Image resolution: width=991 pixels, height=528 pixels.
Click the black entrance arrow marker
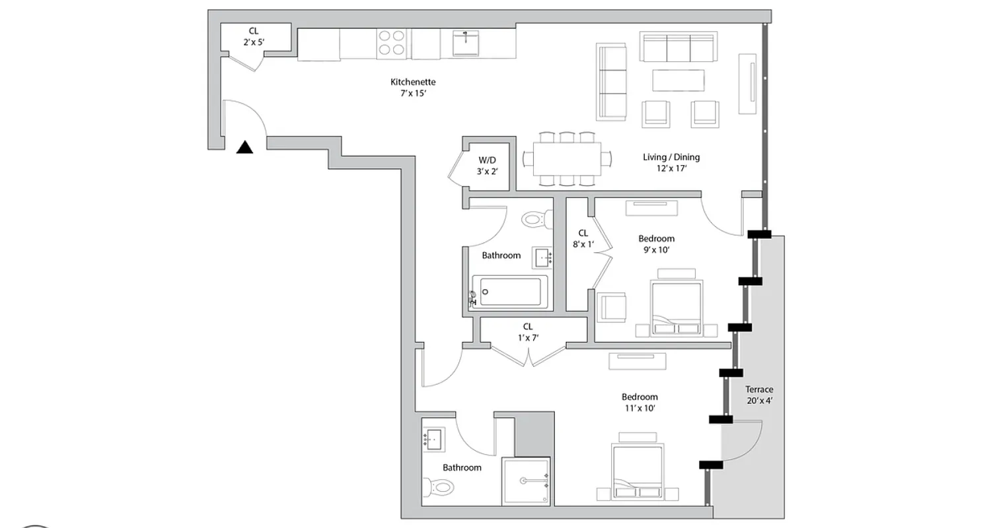[245, 148]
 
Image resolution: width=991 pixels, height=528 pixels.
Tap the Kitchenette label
[413, 87]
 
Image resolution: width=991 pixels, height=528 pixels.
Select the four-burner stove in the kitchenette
[390, 44]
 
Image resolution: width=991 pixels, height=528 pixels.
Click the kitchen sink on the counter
[466, 44]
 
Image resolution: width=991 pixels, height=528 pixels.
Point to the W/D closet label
[488, 166]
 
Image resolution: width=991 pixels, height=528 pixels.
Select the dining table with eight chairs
[566, 159]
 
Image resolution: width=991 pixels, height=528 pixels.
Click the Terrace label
[759, 395]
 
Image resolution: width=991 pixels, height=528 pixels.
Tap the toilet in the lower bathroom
[439, 488]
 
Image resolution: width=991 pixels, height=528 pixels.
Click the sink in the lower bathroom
[434, 438]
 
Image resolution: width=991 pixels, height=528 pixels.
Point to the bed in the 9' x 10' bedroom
[676, 307]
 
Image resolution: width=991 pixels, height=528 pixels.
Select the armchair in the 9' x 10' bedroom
[612, 308]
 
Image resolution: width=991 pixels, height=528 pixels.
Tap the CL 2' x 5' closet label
[254, 36]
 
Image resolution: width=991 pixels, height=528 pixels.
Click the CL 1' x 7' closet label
[528, 332]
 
